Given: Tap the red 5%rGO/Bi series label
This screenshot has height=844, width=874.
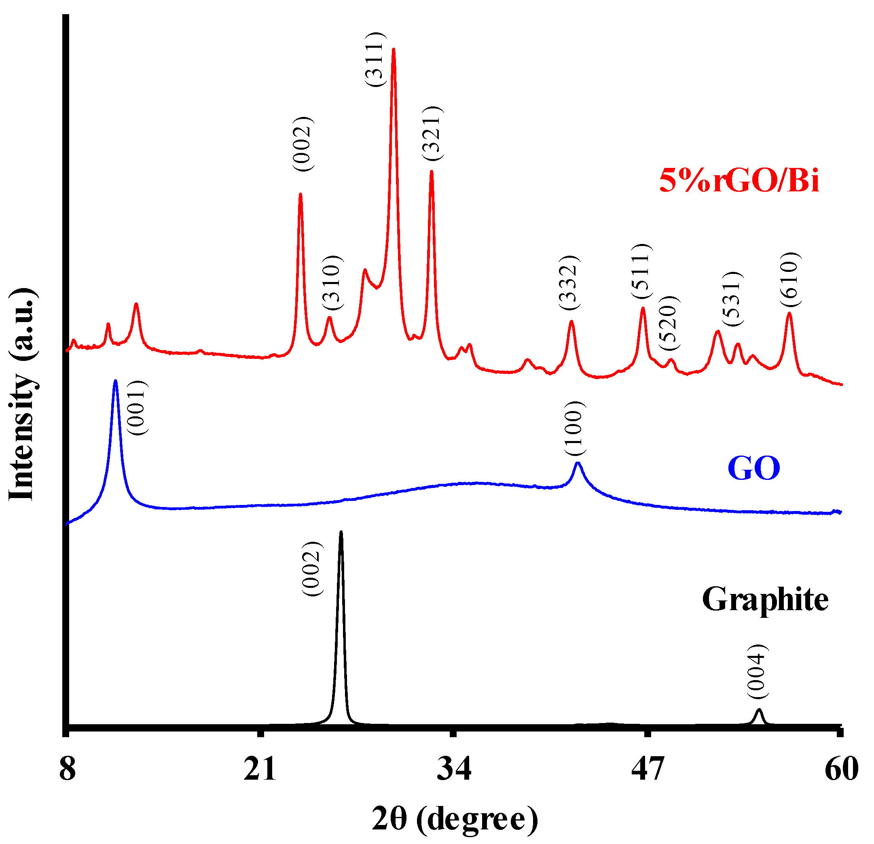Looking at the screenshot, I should click(739, 181).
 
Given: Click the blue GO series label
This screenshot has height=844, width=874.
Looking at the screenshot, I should click(753, 468).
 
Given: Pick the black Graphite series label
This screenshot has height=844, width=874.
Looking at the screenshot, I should click(765, 599).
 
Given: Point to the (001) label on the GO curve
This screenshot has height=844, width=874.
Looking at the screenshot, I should click(137, 408).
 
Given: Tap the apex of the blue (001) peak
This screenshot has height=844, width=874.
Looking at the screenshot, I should click(116, 381).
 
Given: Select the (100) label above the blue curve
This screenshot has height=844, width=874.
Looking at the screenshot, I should click(574, 428).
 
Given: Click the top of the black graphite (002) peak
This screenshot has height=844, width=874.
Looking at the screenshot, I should click(341, 532).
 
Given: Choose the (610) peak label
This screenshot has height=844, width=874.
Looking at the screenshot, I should click(790, 279).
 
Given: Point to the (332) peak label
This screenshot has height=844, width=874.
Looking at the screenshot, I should click(569, 282).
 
